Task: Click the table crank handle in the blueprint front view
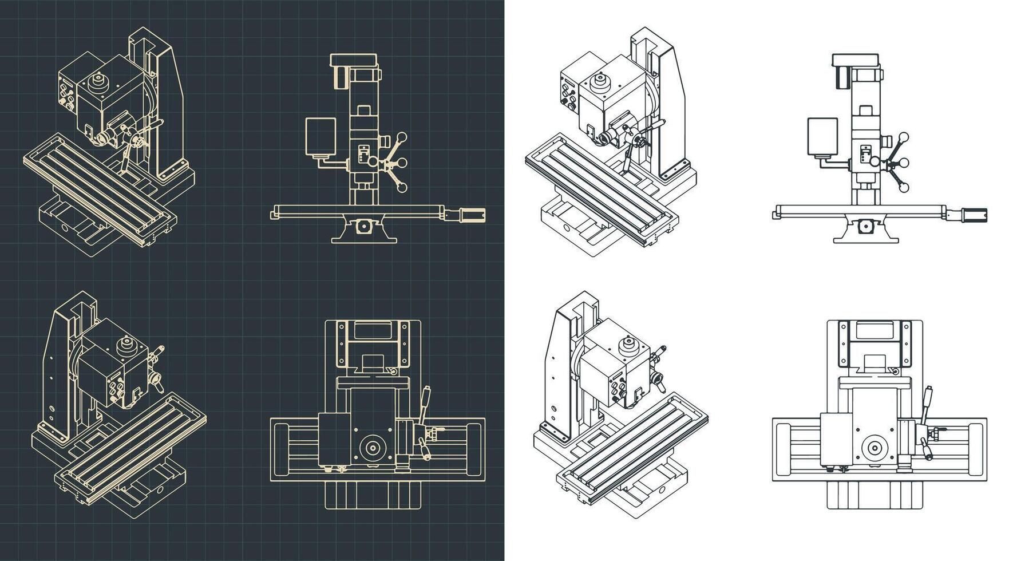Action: coord(473,215)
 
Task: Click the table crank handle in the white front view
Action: coord(974,215)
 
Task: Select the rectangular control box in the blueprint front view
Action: coord(320,137)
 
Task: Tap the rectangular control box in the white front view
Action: coord(822,137)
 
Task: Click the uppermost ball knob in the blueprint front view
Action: coord(403,137)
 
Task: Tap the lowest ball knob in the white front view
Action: coord(904,187)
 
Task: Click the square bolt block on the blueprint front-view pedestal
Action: coord(363,227)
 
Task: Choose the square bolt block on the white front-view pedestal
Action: coord(865,227)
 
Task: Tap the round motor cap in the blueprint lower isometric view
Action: coord(126,345)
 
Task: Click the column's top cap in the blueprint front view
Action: coord(354,59)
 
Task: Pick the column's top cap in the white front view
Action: coord(855,59)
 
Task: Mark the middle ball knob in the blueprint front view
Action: coord(402,163)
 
